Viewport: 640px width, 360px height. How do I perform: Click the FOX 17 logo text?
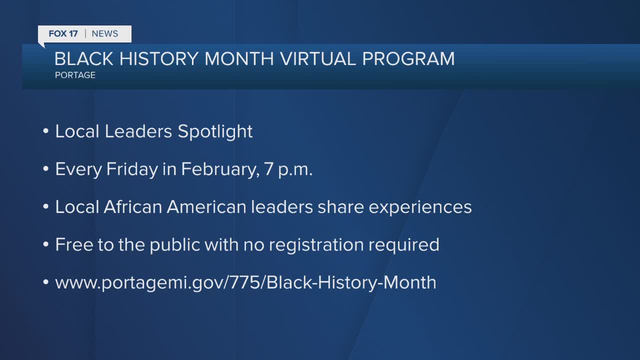pyautogui.click(x=63, y=33)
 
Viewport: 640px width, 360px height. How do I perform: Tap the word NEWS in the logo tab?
pyautogui.click(x=105, y=33)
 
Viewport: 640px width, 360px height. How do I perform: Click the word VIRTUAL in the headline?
pyautogui.click(x=317, y=59)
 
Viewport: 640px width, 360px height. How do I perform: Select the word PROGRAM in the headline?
pyautogui.click(x=408, y=59)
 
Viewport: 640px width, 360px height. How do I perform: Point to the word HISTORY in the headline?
pyautogui.click(x=158, y=59)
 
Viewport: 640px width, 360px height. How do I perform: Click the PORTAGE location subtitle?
pyautogui.click(x=75, y=75)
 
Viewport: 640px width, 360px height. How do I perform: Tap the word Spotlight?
pyautogui.click(x=215, y=132)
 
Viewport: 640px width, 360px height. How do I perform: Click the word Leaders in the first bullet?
pyautogui.click(x=138, y=131)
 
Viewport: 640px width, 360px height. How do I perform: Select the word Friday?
pyautogui.click(x=132, y=169)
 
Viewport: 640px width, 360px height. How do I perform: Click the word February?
pyautogui.click(x=220, y=169)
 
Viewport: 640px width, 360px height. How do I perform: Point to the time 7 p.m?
pyautogui.click(x=288, y=169)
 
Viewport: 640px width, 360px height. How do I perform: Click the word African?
pyautogui.click(x=133, y=207)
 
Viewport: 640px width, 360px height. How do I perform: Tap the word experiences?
pyautogui.click(x=420, y=207)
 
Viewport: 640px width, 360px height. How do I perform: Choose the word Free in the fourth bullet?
pyautogui.click(x=74, y=244)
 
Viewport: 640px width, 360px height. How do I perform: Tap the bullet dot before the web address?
pyautogui.click(x=45, y=282)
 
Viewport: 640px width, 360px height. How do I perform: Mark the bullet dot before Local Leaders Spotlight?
pyautogui.click(x=45, y=131)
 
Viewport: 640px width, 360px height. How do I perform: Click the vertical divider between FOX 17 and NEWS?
pyautogui.click(x=85, y=33)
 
